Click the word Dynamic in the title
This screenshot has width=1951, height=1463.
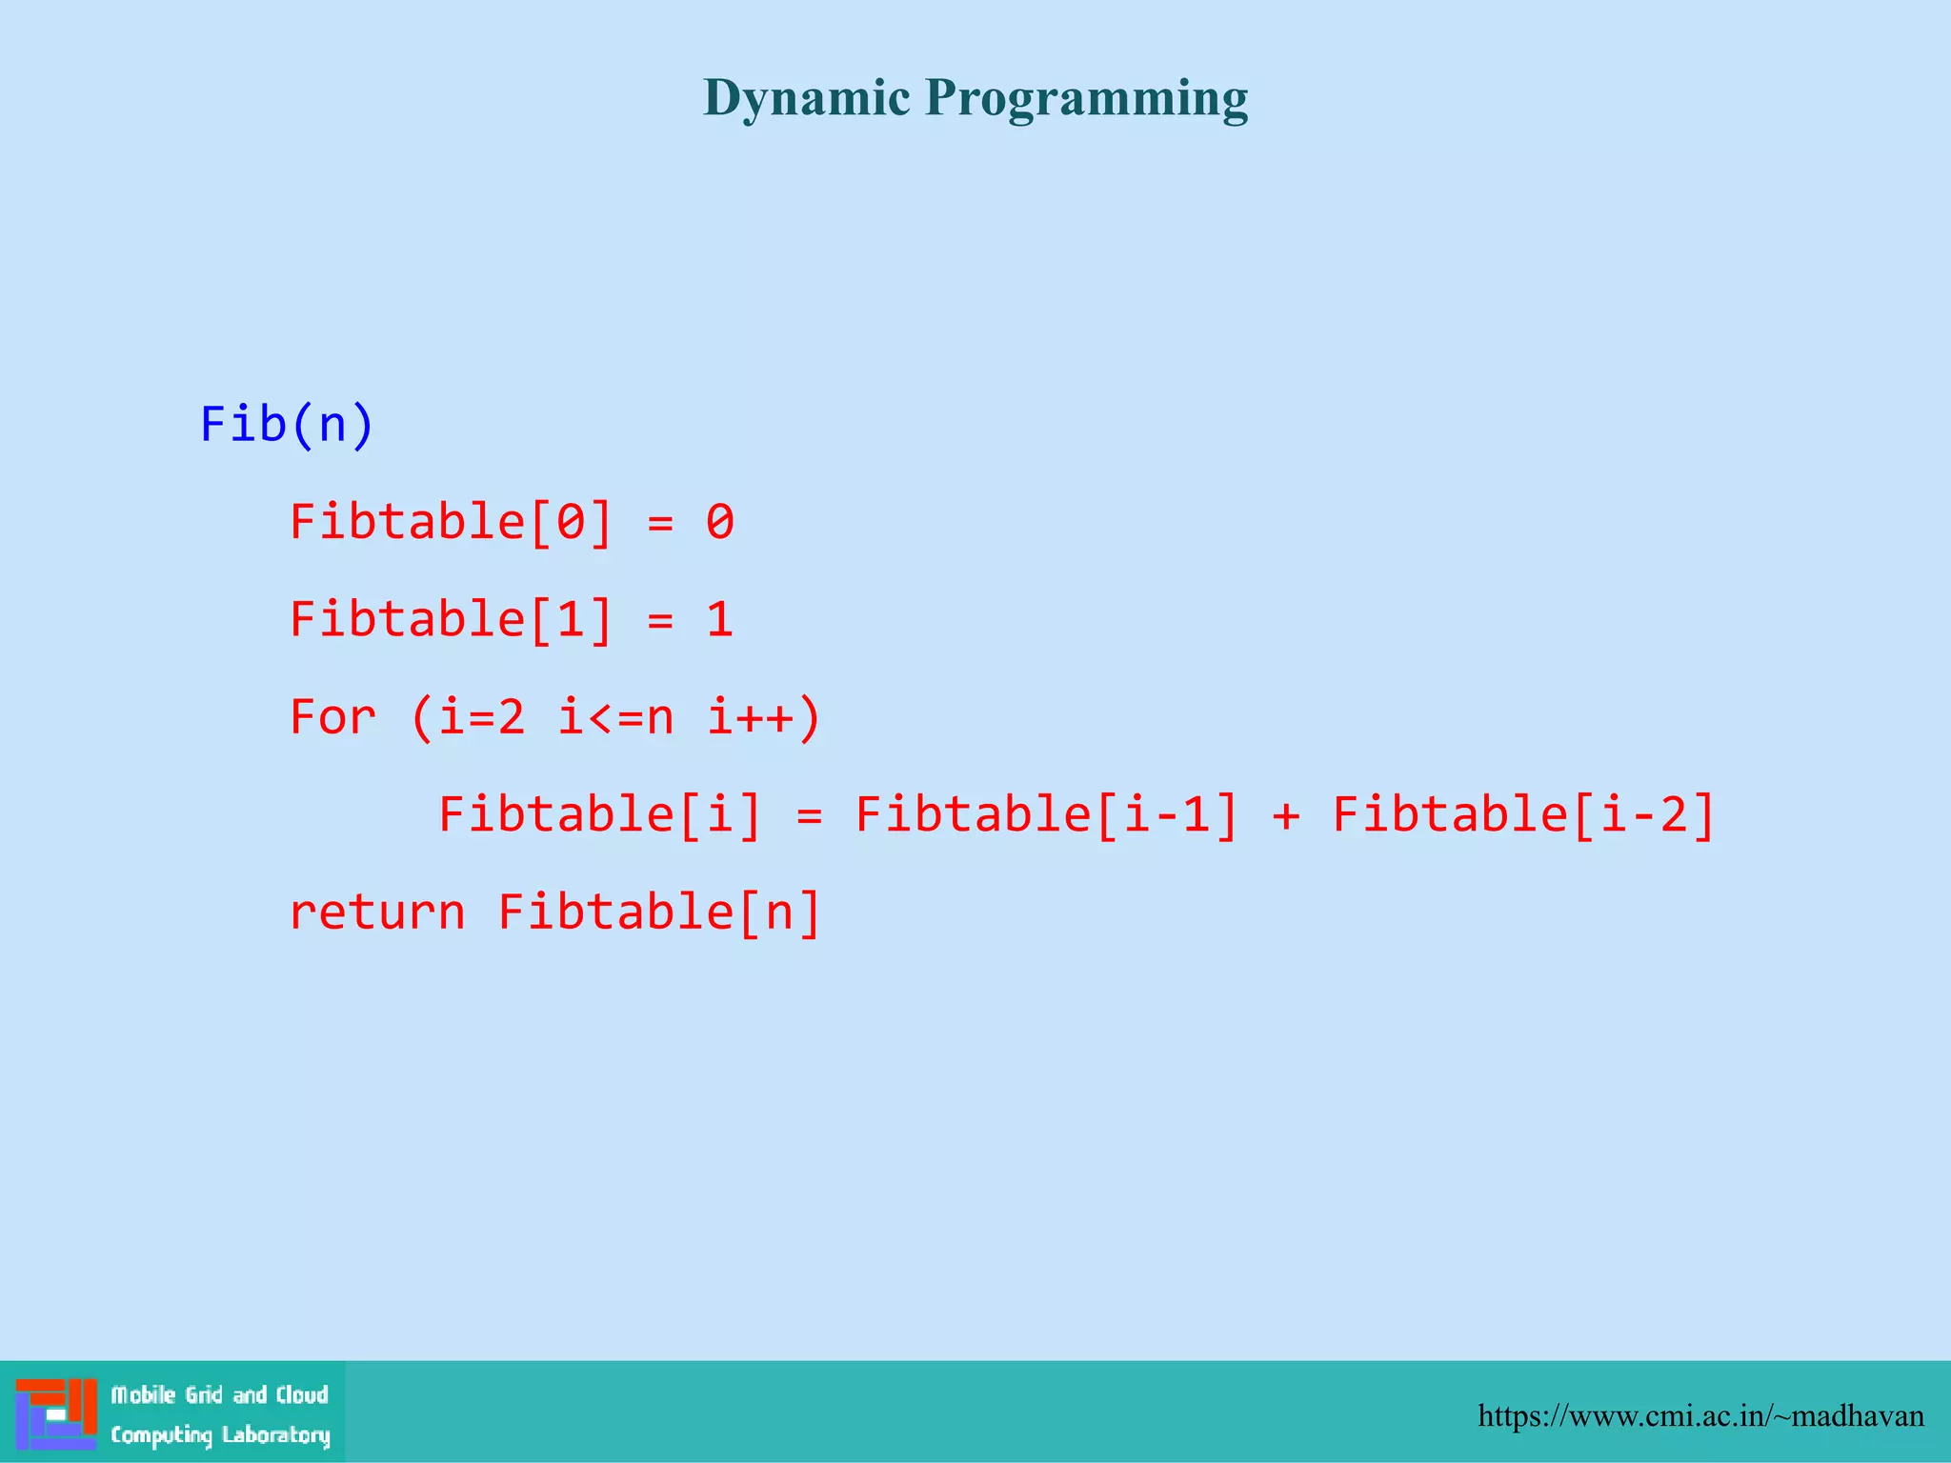point(806,98)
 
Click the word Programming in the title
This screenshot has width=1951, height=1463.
point(1086,98)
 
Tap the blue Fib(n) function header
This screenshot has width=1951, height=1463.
point(287,424)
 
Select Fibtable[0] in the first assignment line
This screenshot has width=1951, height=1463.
point(451,522)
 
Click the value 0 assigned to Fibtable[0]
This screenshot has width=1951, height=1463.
point(720,522)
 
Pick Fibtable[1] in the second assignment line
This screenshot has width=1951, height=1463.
point(451,619)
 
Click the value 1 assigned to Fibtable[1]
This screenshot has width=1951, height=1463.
point(720,619)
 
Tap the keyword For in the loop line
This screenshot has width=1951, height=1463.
point(332,716)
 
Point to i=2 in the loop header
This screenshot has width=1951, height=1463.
point(481,716)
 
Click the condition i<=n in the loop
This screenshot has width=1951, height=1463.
point(615,716)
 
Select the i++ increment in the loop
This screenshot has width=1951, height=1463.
point(750,716)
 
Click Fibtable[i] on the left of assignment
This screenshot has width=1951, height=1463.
point(600,814)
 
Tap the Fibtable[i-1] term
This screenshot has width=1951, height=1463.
point(1046,814)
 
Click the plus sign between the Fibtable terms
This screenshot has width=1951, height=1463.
point(1285,816)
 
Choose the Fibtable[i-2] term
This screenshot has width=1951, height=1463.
point(1523,814)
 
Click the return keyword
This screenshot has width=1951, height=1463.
point(377,912)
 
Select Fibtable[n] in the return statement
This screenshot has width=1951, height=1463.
point(659,912)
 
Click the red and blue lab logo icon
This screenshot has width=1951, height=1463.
point(56,1413)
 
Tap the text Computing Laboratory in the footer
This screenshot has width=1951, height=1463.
point(220,1434)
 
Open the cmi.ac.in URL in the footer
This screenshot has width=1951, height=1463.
point(1700,1416)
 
